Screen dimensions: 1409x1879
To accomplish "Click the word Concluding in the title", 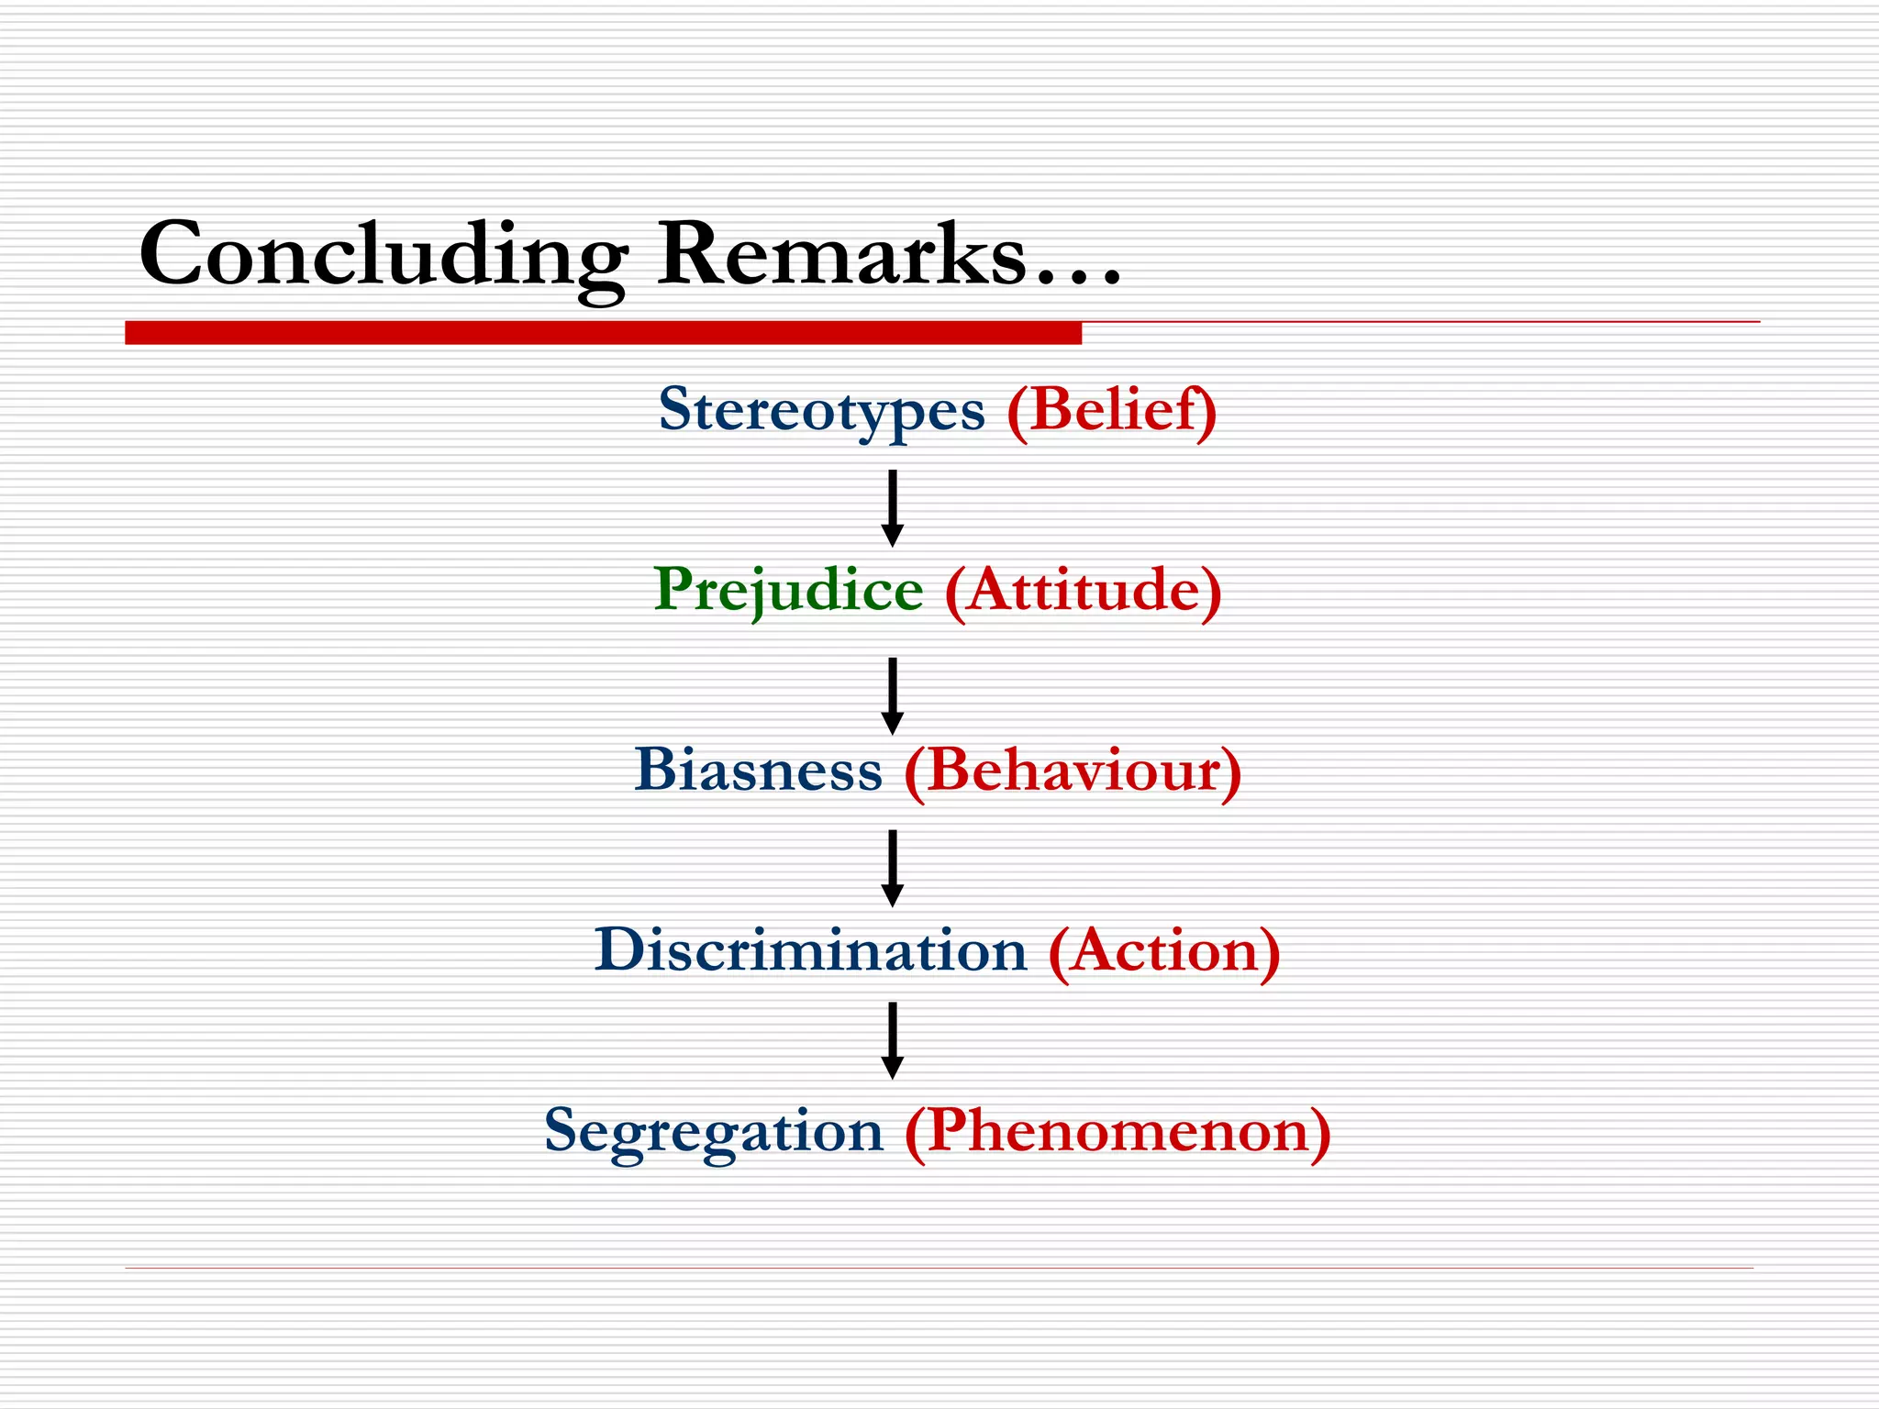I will click(384, 255).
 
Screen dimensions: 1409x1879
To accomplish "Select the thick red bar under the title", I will click(603, 333).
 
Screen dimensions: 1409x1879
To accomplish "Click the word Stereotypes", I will click(821, 409).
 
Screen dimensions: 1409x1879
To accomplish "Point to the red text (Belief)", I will click(1111, 409).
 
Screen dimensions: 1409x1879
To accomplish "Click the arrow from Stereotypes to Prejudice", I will click(892, 508).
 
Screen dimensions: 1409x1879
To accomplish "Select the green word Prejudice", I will click(788, 589).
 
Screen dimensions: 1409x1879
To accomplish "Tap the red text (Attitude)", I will click(1083, 589).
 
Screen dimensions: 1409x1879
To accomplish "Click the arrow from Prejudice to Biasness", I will click(892, 695).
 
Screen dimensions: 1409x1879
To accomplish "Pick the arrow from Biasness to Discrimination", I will click(892, 868).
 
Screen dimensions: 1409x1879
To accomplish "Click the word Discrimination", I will click(810, 949).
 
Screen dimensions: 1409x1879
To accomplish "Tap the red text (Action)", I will click(1163, 949).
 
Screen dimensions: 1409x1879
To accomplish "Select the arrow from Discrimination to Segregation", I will click(892, 1040).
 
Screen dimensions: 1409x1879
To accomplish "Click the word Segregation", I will click(713, 1130).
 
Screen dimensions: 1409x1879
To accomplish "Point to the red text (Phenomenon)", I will click(1117, 1130).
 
